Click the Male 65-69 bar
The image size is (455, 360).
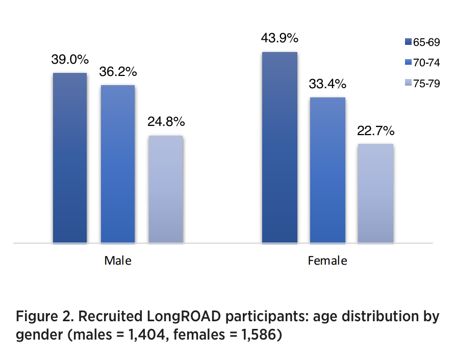[69, 158]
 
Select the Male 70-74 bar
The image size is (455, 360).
[117, 164]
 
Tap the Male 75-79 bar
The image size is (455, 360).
[165, 189]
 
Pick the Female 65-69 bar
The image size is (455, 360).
[279, 147]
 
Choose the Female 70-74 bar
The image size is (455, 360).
[327, 170]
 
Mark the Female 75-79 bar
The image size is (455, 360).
[375, 193]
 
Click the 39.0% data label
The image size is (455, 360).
[70, 59]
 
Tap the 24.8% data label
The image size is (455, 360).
[166, 122]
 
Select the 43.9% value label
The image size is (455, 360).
[280, 38]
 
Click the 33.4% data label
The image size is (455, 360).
[327, 84]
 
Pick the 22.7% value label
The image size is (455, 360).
[376, 131]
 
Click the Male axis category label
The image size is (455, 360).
[118, 261]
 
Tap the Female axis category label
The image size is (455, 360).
[327, 261]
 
